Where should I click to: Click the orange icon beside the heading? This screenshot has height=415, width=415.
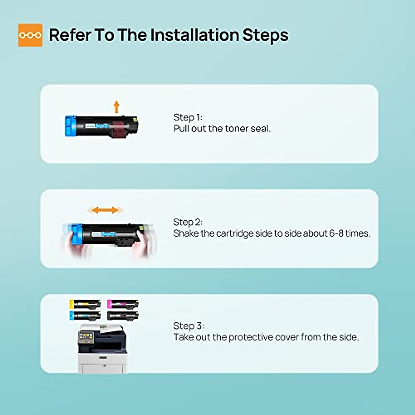tap(30, 35)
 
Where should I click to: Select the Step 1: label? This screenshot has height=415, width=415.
tap(188, 117)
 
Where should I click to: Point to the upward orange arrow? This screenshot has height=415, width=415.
tap(117, 107)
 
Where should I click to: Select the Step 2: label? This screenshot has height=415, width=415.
tap(188, 222)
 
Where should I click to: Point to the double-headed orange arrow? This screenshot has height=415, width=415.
tap(105, 210)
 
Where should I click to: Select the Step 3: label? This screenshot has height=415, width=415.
tap(189, 326)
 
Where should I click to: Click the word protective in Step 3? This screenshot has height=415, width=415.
tap(251, 337)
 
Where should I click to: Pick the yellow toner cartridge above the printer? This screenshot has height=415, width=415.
tap(85, 304)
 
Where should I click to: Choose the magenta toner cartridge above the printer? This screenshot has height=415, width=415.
tap(123, 304)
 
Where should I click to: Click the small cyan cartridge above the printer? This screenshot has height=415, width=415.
tap(85, 315)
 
